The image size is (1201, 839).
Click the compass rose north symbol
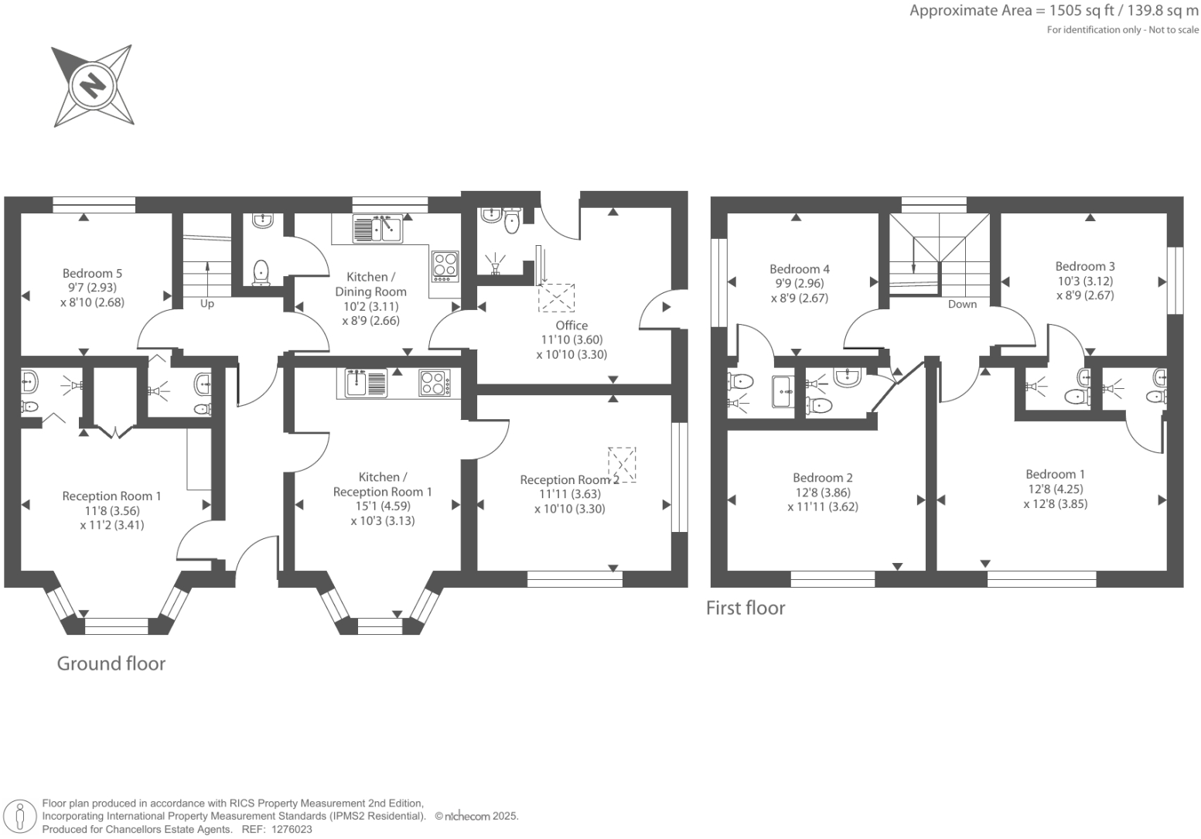tap(92, 84)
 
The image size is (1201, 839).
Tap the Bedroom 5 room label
tap(92, 273)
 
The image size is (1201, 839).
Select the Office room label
tap(571, 326)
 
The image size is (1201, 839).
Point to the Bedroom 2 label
tap(823, 478)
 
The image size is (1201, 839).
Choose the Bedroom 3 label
tap(1085, 266)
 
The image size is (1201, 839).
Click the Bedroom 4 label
tap(800, 269)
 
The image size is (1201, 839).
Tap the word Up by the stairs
tap(207, 304)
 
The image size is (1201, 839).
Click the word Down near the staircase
tap(962, 304)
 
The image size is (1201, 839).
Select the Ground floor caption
tap(111, 663)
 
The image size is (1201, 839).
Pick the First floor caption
tap(746, 609)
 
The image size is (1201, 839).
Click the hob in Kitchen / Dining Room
tap(445, 264)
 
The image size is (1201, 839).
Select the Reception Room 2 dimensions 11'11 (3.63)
tap(570, 494)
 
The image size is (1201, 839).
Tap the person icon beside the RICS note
tap(21, 817)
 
